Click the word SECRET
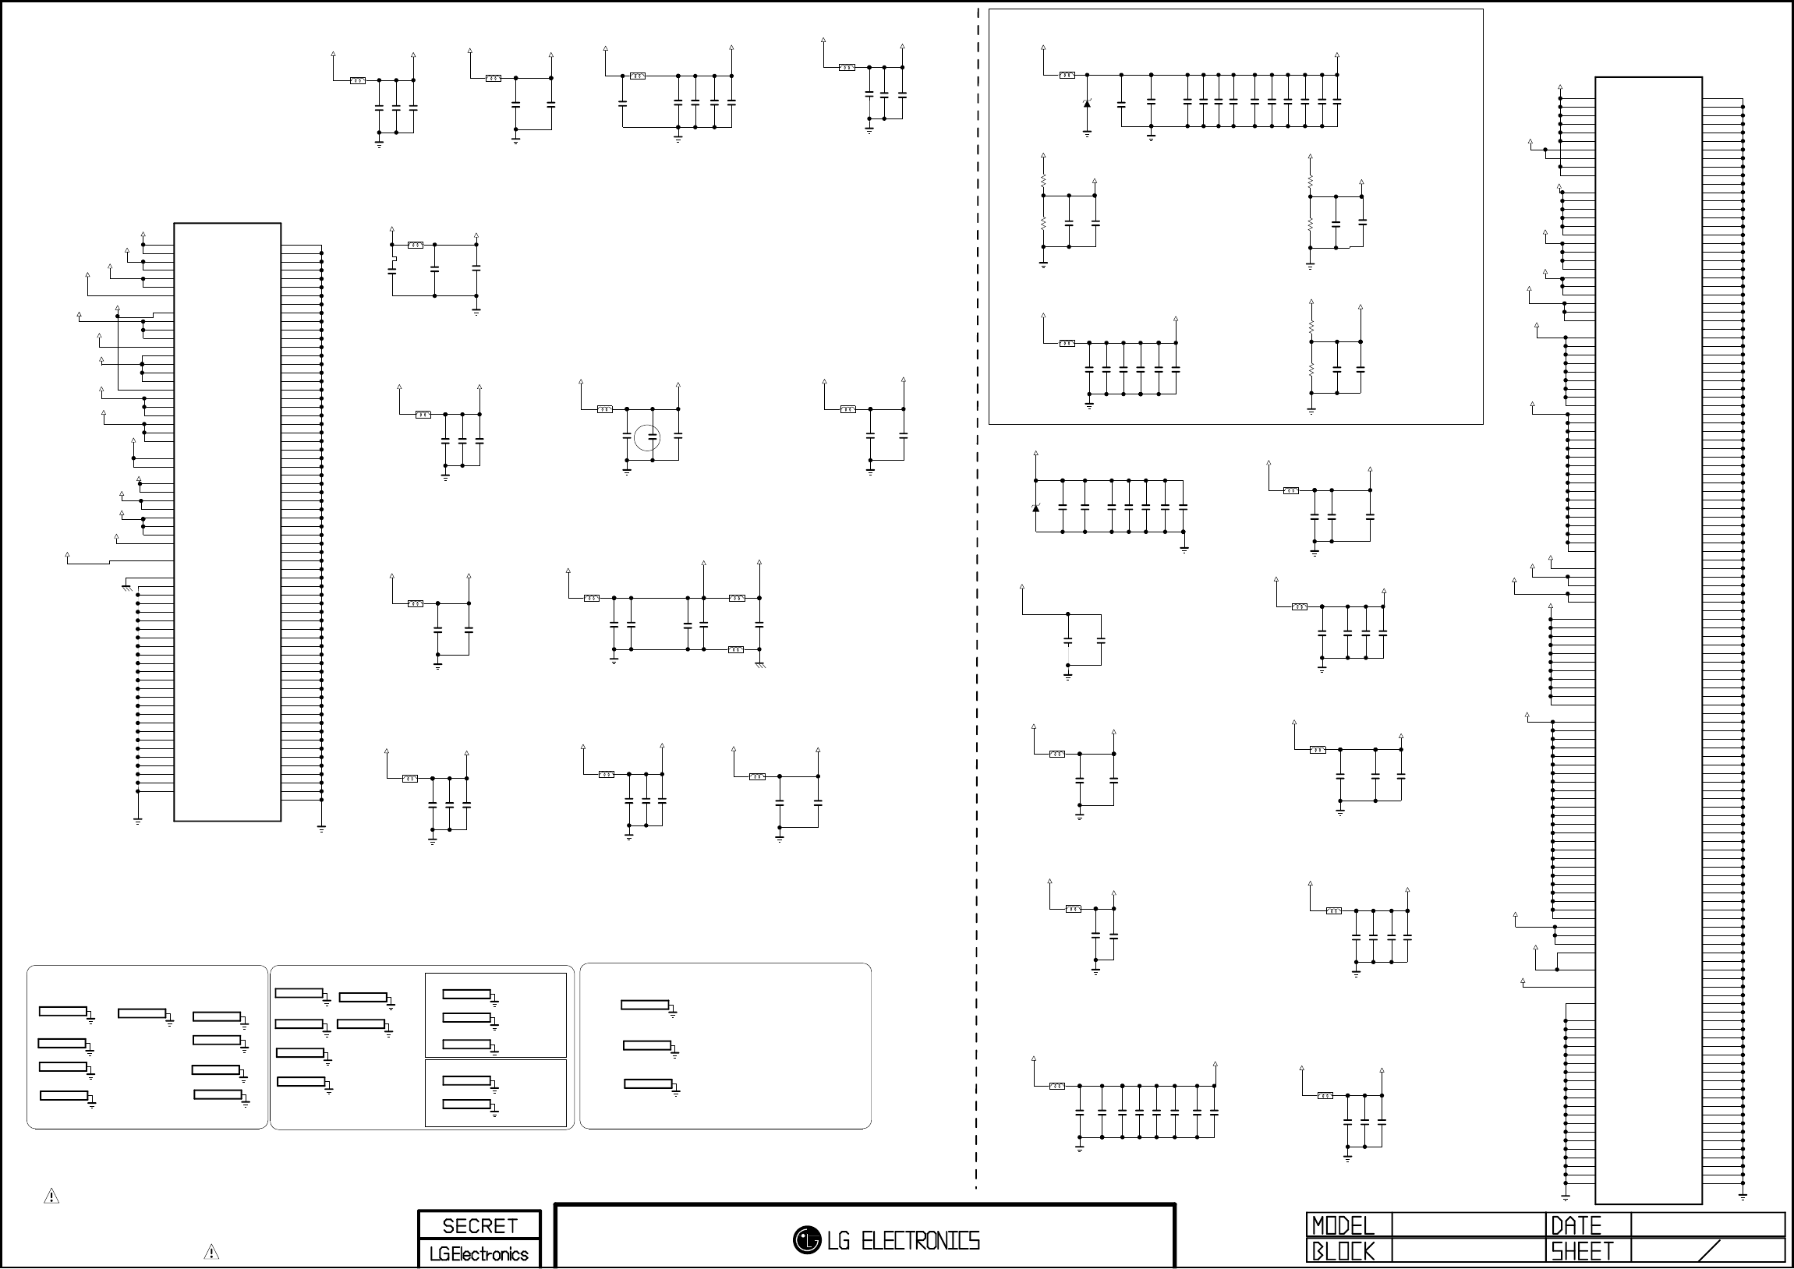(479, 1225)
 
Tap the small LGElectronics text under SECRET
(479, 1254)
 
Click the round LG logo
(806, 1239)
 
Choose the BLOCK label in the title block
(1343, 1252)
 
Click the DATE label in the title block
(1575, 1225)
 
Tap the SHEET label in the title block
(1582, 1252)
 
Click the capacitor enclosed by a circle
(647, 437)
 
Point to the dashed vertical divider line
(978, 625)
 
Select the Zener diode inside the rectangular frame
(1087, 103)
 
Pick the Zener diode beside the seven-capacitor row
(1036, 508)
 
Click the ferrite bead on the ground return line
(735, 649)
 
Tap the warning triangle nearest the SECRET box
(211, 1252)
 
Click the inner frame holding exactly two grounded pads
(495, 1093)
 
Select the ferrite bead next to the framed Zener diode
(1067, 75)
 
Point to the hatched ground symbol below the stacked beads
(759, 664)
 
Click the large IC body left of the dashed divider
(227, 522)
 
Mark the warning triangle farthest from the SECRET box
(51, 1197)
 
